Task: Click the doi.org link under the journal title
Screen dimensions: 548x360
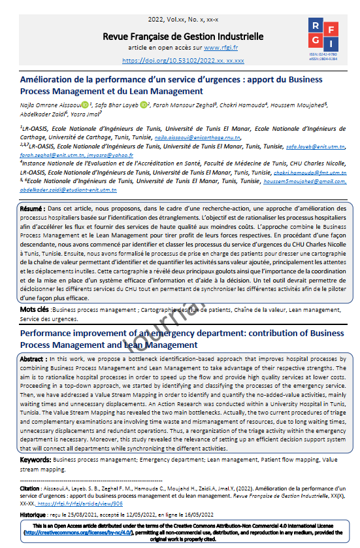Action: [x=184, y=61]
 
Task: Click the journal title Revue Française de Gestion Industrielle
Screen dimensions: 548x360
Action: [x=184, y=36]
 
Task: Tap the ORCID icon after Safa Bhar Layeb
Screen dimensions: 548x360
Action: [x=144, y=104]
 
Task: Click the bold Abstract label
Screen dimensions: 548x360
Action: [x=33, y=359]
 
